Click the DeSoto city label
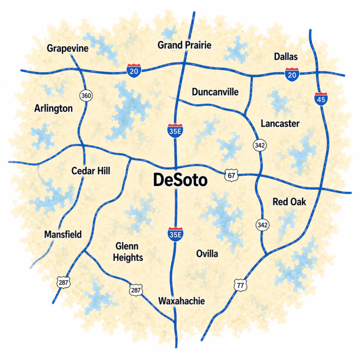coord(180,180)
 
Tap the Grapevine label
coord(68,48)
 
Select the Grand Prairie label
coord(184,45)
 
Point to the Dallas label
coord(285,57)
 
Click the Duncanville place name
coord(215,91)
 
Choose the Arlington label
coord(53,108)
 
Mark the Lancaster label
coord(280,123)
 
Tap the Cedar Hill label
coord(90,171)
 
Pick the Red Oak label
coord(289,202)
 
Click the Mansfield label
coord(63,234)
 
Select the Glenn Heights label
coord(129,252)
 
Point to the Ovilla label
coord(207,254)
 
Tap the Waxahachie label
coord(181,301)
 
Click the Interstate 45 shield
coord(321,98)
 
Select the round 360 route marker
coord(86,96)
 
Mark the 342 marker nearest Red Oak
coord(262,225)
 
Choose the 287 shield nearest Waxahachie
coord(135,291)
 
